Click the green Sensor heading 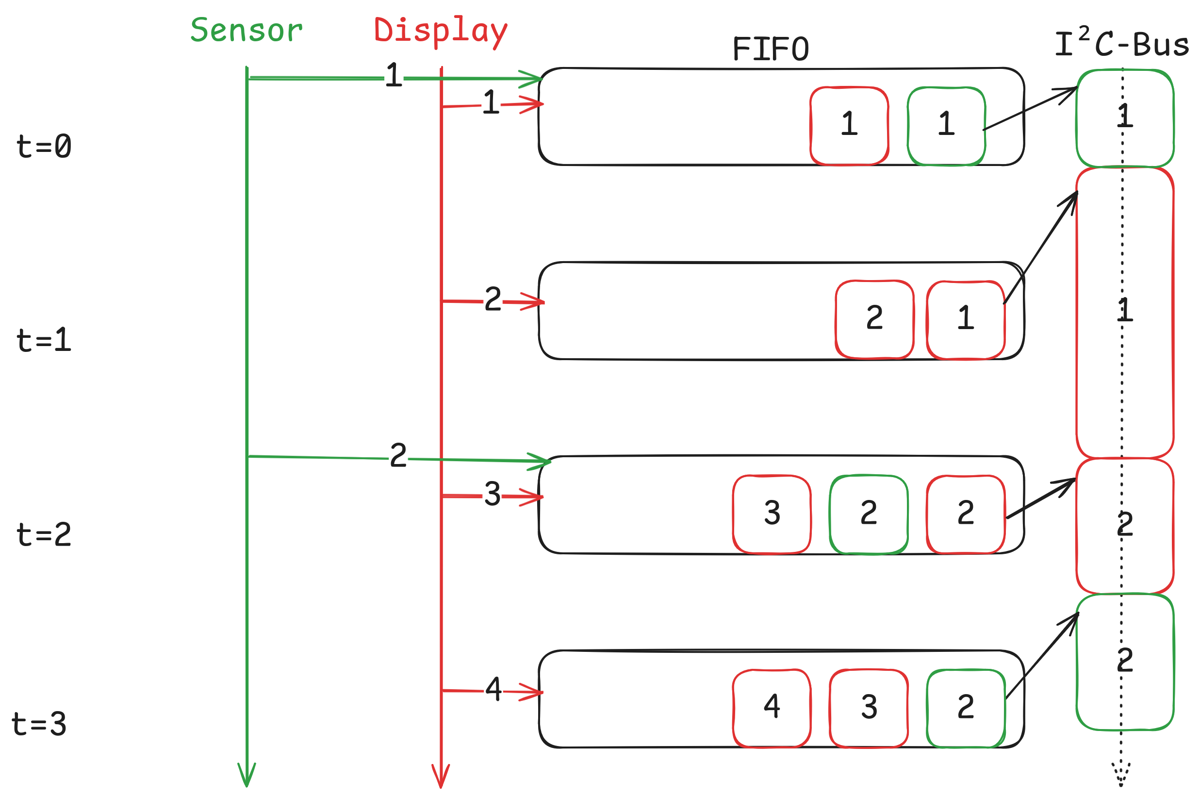click(247, 31)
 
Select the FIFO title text click(770, 50)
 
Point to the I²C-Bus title click(1121, 44)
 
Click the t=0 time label click(44, 147)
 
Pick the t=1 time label click(44, 341)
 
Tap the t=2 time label click(44, 535)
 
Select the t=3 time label click(39, 724)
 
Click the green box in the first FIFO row click(946, 126)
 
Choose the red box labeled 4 click(771, 708)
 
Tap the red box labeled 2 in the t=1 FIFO click(874, 319)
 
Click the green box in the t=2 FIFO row click(868, 515)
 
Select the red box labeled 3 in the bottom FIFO click(868, 708)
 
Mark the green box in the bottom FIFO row click(965, 708)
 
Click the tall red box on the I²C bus click(1124, 313)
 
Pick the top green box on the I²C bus click(1124, 118)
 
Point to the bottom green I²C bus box click(1124, 662)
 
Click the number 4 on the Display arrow click(493, 690)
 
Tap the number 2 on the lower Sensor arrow click(398, 455)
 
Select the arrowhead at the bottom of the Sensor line click(247, 775)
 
